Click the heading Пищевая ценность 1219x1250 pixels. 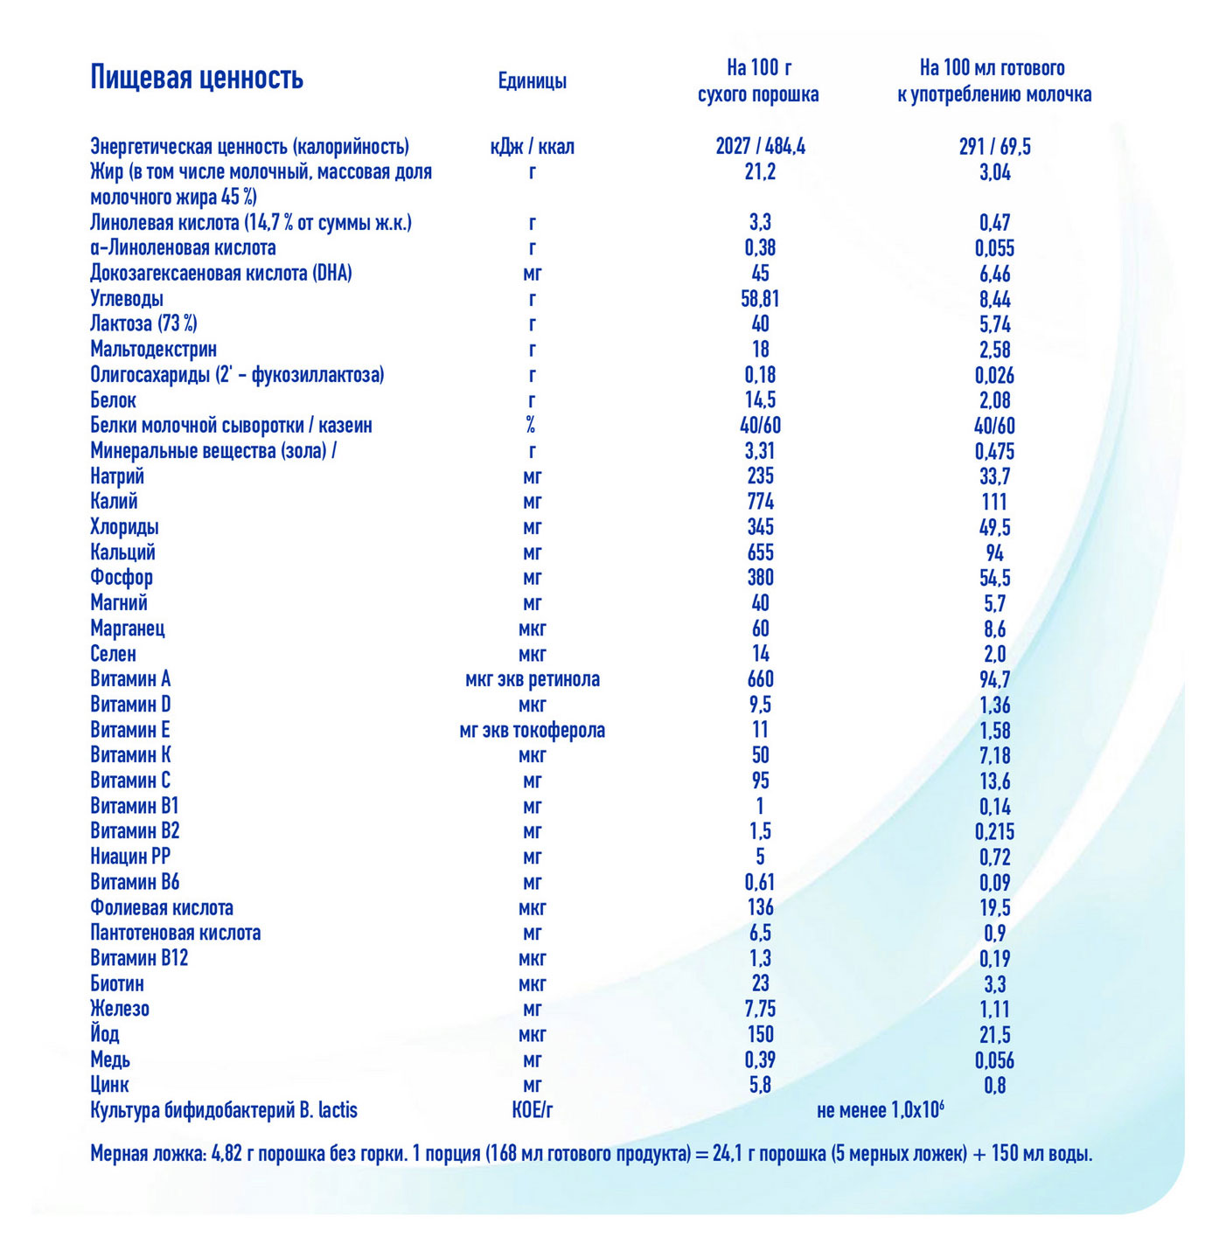click(197, 78)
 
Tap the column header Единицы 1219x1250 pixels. click(532, 81)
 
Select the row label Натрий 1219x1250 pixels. click(117, 476)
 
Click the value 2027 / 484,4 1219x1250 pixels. click(760, 147)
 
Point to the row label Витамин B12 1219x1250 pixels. click(139, 958)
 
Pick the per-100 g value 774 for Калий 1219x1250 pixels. click(760, 502)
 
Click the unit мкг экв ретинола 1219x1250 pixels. click(532, 679)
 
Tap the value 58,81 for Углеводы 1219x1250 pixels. click(760, 299)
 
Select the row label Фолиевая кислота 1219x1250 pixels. click(162, 907)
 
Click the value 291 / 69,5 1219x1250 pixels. click(994, 147)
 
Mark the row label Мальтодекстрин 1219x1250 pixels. click(153, 350)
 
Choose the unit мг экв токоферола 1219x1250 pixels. click(532, 730)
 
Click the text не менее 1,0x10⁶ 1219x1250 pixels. click(880, 1110)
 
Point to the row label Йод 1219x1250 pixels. click(105, 1034)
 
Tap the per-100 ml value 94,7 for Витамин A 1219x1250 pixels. click(994, 679)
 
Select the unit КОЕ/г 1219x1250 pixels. click(532, 1110)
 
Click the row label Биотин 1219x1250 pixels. click(117, 983)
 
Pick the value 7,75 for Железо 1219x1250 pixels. click(760, 1009)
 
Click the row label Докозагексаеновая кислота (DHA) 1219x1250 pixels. click(221, 274)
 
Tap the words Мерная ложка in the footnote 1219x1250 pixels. click(148, 1154)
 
